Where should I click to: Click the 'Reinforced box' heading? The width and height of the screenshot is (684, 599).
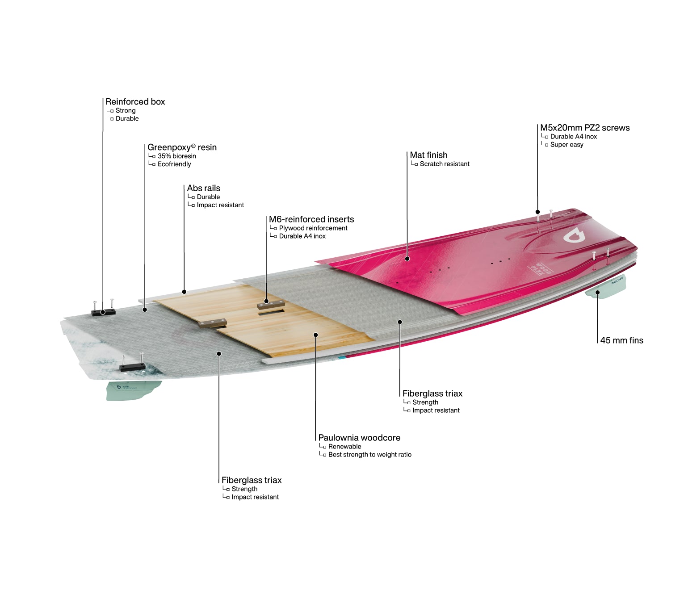coord(135,101)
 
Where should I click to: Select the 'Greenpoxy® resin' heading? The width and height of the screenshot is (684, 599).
coord(182,147)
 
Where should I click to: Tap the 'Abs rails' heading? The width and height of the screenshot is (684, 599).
coord(203,188)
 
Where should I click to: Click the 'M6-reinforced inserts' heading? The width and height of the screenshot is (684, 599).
coord(311,219)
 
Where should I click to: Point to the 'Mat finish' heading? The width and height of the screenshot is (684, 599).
coord(428,155)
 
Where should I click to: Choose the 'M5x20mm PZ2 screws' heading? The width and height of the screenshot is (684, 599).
coord(585,128)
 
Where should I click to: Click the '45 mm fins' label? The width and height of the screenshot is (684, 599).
coord(621,340)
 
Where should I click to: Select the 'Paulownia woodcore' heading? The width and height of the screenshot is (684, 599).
coord(359,438)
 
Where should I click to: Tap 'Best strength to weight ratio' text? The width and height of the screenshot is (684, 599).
coord(370,455)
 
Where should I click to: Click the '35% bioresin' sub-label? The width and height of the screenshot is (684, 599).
coord(177,156)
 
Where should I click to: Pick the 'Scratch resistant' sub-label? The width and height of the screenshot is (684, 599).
coord(445,164)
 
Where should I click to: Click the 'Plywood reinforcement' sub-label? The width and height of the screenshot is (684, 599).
coord(313,228)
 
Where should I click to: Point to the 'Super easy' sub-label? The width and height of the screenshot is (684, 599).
coord(567,145)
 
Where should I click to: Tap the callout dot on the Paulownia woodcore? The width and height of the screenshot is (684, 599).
coord(315,335)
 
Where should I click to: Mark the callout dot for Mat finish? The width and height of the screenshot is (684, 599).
coord(407,259)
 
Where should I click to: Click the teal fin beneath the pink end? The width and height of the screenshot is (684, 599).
coord(606,287)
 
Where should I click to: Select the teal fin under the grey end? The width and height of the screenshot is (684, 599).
coord(133,390)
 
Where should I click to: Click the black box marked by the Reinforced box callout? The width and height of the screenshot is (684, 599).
coord(103,312)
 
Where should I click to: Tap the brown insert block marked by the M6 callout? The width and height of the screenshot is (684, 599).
coord(271,304)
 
